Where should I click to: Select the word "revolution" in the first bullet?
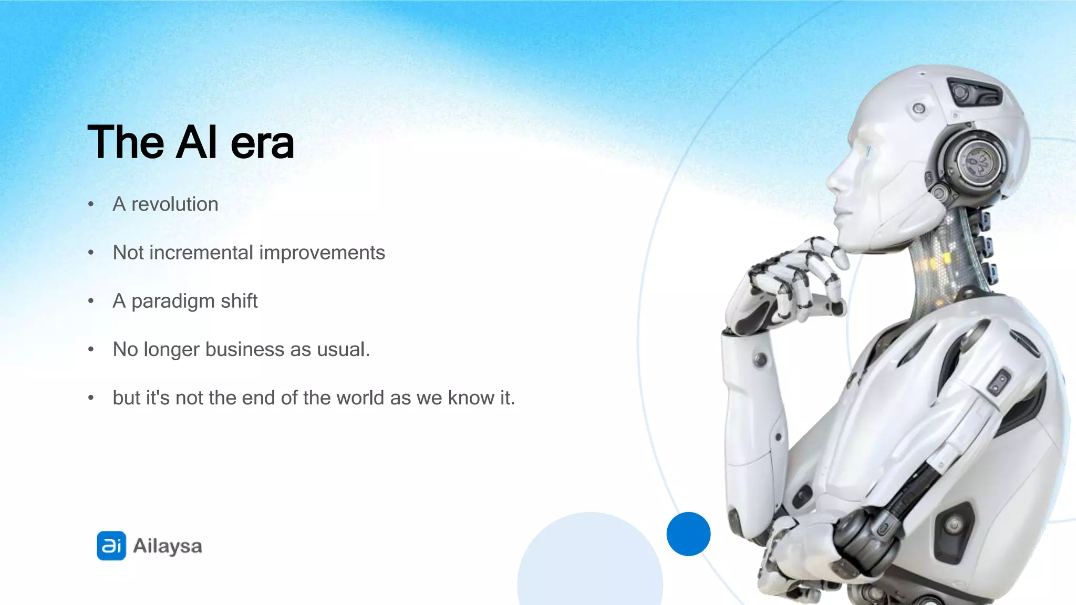[x=174, y=204]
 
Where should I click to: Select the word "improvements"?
[x=322, y=253]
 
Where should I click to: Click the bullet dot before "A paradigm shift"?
[x=91, y=301]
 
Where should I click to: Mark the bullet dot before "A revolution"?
[x=91, y=204]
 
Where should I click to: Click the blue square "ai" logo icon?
[x=111, y=546]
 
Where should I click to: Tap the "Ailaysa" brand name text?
[x=168, y=546]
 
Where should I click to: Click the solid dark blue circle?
[x=688, y=534]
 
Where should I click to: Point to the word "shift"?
[x=239, y=301]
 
